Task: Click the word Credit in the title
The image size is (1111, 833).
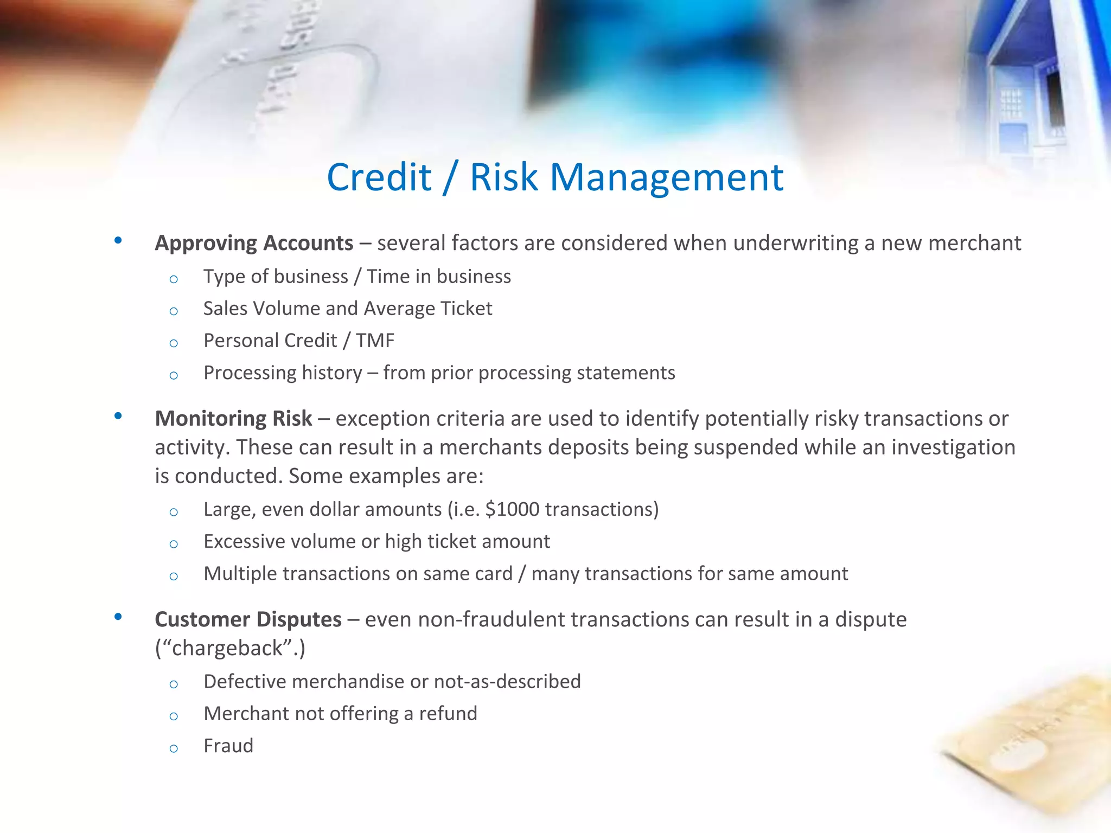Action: [x=379, y=177]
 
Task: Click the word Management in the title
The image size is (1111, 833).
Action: [x=667, y=177]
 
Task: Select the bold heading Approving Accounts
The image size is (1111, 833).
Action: [x=254, y=243]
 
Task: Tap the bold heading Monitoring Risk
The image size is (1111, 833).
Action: [x=233, y=419]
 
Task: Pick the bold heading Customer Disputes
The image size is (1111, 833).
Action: [x=248, y=619]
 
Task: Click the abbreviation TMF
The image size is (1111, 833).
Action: [x=375, y=341]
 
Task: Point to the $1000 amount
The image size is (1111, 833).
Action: [x=513, y=509]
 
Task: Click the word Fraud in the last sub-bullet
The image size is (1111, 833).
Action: [x=228, y=746]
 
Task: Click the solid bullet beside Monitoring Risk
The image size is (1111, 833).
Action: [x=118, y=416]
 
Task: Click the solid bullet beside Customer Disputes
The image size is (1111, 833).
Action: [x=118, y=617]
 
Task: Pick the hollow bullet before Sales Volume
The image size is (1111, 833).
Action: [x=174, y=311]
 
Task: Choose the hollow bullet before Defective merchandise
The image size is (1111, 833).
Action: [x=174, y=684]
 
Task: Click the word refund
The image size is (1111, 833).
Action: [x=448, y=714]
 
